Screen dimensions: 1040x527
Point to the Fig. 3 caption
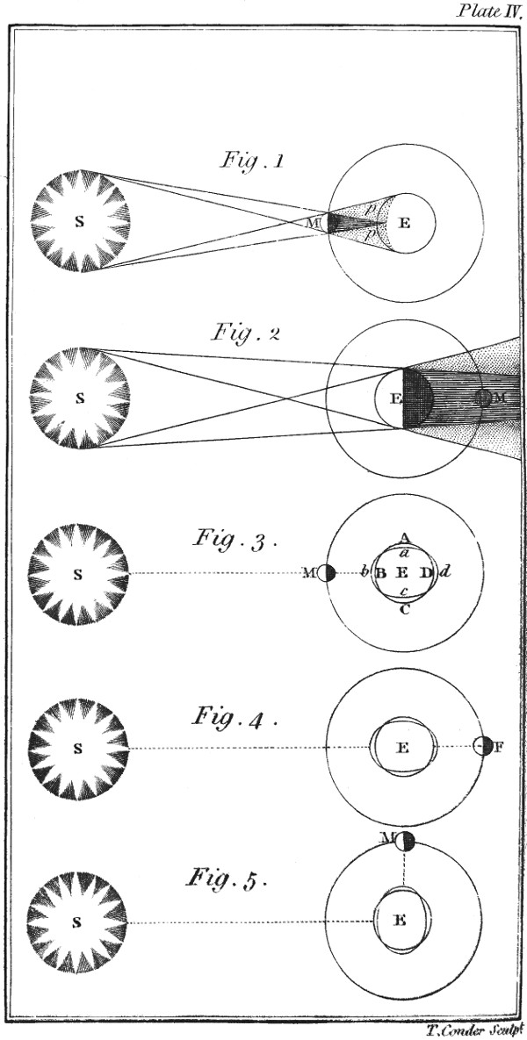235,541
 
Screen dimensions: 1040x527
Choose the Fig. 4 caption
235,718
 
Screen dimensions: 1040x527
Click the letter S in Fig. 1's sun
80,220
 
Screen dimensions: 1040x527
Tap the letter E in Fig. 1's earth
404,223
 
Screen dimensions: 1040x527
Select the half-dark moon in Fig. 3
326,573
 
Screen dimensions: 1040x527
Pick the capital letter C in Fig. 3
404,609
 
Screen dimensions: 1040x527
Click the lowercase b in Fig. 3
364,573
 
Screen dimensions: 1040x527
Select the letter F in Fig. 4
499,748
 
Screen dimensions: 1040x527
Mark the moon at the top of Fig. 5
404,841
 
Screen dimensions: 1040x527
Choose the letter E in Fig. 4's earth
403,748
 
